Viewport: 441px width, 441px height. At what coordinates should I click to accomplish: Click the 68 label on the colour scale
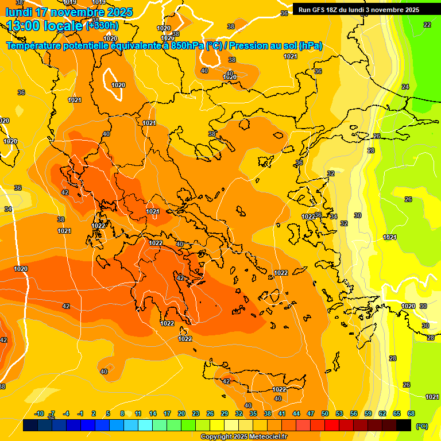click(x=411, y=413)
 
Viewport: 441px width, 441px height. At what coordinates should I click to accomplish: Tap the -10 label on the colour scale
click(x=39, y=413)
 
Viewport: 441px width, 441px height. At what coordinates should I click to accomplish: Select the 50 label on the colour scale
click(x=325, y=413)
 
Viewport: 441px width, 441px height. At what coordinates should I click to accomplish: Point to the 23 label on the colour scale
click(x=196, y=413)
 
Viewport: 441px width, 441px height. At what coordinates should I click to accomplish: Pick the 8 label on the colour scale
click(x=122, y=413)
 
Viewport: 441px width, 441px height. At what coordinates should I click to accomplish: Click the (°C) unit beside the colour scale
click(x=421, y=425)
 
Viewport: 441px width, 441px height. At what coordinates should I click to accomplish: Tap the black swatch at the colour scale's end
click(x=404, y=425)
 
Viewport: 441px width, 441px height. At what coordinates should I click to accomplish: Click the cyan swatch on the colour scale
click(x=145, y=425)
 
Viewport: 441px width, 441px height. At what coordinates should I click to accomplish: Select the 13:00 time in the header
click(x=24, y=26)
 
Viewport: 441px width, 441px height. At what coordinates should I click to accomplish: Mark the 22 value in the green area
click(x=427, y=25)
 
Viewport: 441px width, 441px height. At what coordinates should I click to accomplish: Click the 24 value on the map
click(x=405, y=87)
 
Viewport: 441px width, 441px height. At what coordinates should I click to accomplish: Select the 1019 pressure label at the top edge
click(x=98, y=2)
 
